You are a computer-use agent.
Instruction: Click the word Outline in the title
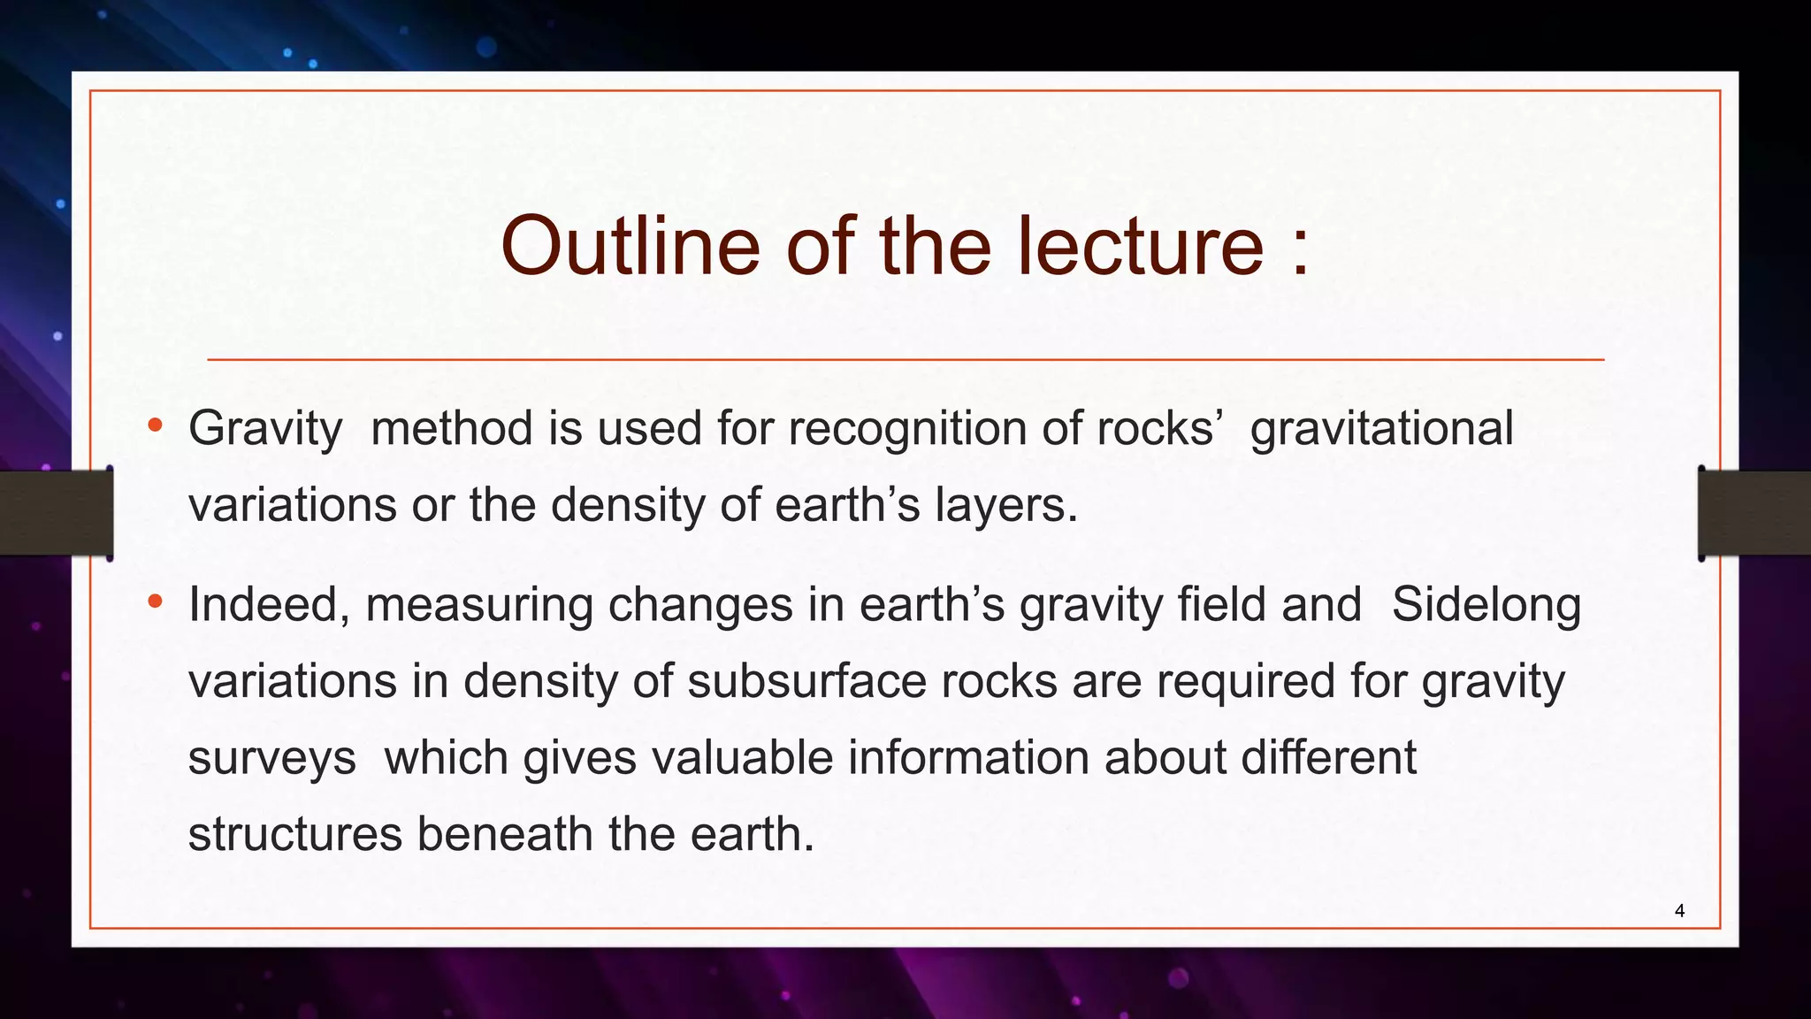click(x=630, y=246)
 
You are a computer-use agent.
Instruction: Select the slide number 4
click(x=1679, y=911)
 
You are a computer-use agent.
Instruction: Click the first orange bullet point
click(x=156, y=426)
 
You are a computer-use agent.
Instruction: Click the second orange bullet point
click(x=156, y=602)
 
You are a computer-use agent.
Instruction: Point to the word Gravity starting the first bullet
click(x=265, y=430)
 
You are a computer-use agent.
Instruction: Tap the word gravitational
click(x=1381, y=428)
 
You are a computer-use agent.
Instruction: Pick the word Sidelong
click(x=1486, y=606)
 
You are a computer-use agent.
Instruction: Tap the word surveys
click(x=271, y=759)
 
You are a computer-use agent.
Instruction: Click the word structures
click(x=295, y=834)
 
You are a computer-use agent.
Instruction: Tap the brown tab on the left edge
click(x=56, y=513)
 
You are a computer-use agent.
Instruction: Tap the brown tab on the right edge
click(x=1754, y=513)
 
